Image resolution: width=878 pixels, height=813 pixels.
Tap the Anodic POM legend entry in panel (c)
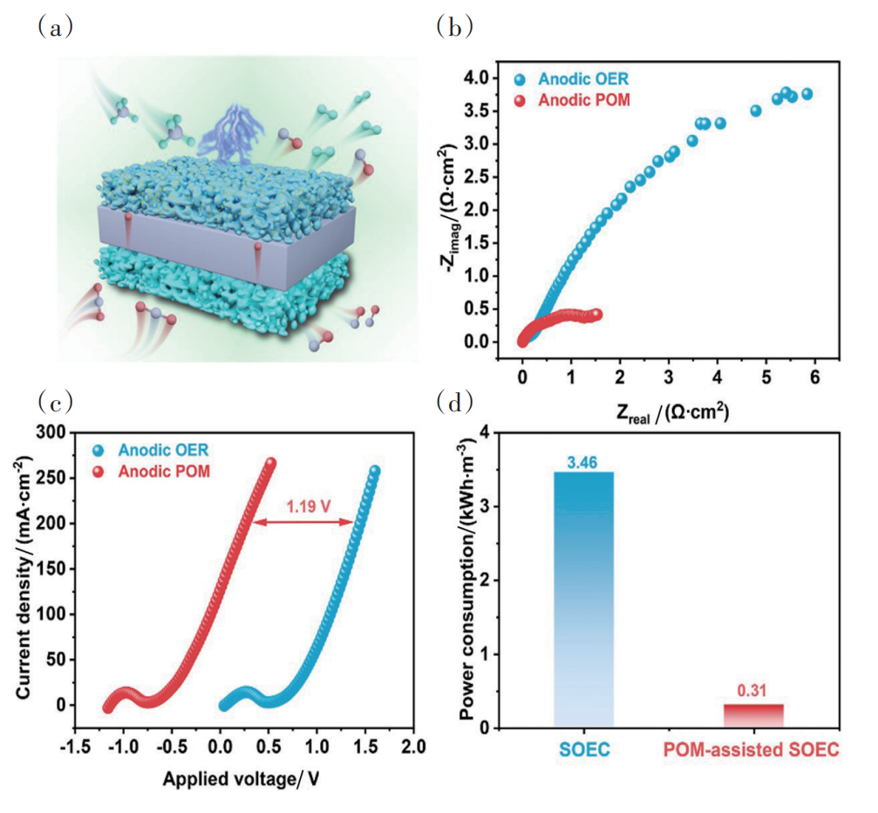coord(163,471)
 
